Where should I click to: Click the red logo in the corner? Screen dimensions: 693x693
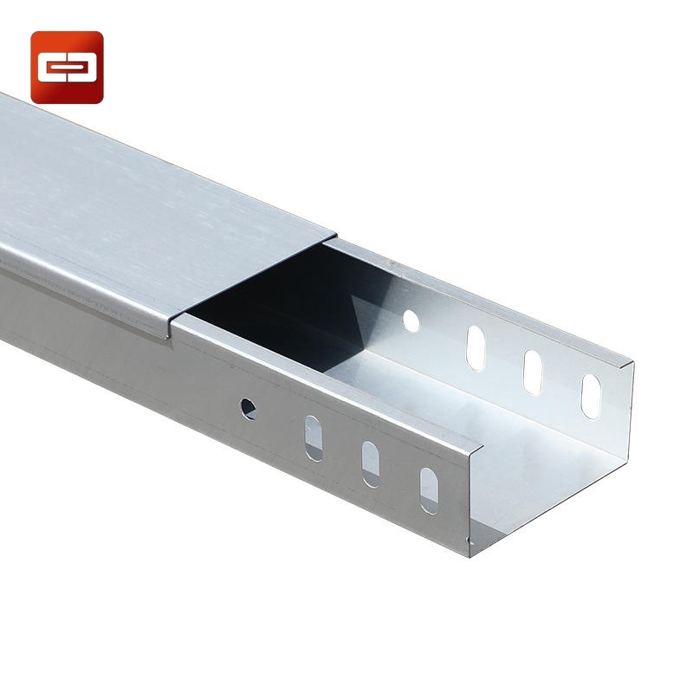point(67,68)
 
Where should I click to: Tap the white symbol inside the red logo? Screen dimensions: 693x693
point(67,68)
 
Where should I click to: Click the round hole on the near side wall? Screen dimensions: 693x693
point(249,407)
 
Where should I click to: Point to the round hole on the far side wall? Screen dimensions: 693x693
point(411,321)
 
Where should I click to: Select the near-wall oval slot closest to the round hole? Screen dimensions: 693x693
point(313,437)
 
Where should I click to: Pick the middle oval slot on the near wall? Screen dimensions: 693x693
point(371,463)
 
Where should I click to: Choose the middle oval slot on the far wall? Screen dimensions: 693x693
point(533,370)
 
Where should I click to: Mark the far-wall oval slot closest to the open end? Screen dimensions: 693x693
point(592,396)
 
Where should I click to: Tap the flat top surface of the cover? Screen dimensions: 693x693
point(130,191)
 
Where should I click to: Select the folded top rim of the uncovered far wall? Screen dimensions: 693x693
point(485,299)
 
